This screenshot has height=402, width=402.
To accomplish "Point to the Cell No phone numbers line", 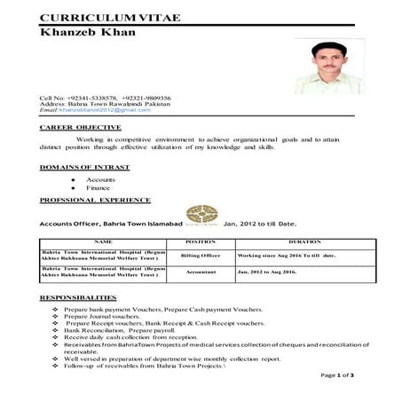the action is click(x=105, y=97).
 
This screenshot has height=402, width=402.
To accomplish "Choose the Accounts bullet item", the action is click(x=100, y=179).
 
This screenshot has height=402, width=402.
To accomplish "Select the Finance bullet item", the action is click(x=98, y=188).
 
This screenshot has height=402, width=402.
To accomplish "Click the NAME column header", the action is click(x=102, y=241).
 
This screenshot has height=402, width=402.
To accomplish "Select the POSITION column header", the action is click(x=200, y=241).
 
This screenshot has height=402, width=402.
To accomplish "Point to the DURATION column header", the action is click(x=303, y=241).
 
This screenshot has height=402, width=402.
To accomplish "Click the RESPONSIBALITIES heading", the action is click(x=78, y=296).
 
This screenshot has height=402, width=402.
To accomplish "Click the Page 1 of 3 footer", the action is click(x=337, y=375).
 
